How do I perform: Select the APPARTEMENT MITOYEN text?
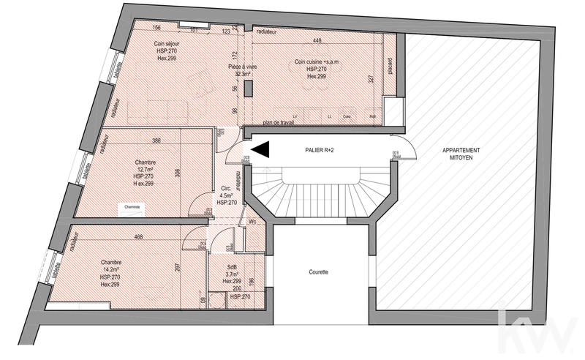click(x=461, y=153)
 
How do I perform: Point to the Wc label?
click(x=252, y=222)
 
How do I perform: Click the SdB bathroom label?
click(x=232, y=267)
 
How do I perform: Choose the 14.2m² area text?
click(x=110, y=270)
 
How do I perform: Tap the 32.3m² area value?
click(x=243, y=73)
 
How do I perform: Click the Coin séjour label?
click(x=167, y=44)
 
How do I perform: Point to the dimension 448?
click(x=317, y=41)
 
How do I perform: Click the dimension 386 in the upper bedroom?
click(x=155, y=140)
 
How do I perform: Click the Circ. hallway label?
click(x=226, y=188)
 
